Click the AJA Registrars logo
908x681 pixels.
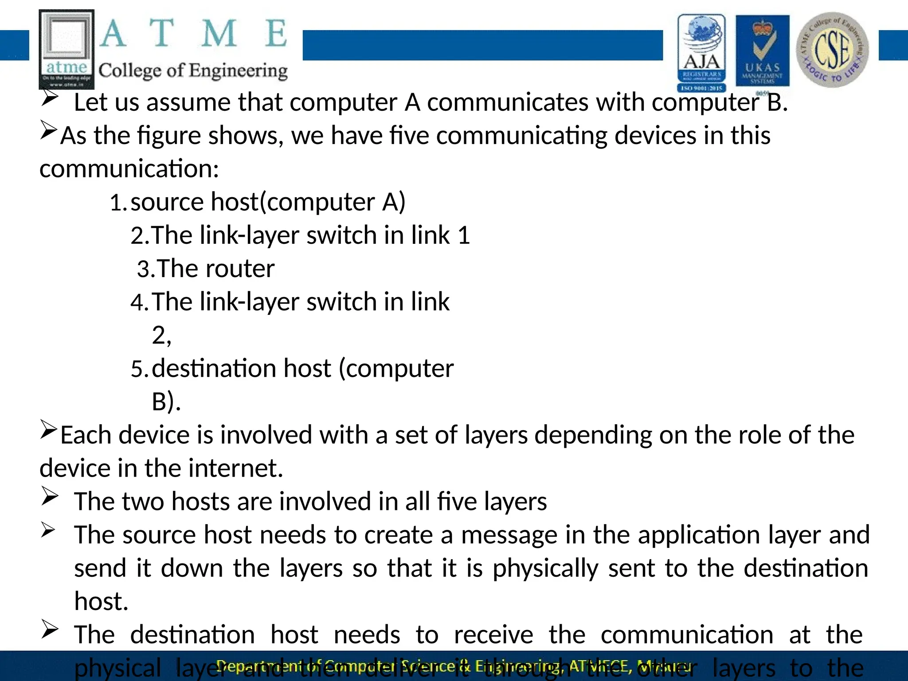click(701, 52)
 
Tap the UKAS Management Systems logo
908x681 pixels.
click(762, 52)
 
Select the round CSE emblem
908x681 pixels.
click(832, 50)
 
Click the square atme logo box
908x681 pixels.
click(67, 49)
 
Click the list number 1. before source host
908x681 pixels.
click(118, 203)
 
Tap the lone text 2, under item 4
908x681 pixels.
click(161, 336)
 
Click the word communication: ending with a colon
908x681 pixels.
click(129, 169)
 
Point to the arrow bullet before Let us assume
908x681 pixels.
click(49, 97)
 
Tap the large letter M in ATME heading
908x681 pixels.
click(219, 34)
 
